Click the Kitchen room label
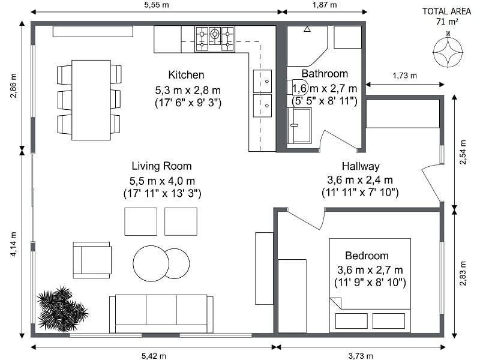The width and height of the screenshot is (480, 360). point(186,75)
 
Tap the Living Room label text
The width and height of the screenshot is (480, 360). point(161,166)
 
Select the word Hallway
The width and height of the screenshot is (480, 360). point(361,166)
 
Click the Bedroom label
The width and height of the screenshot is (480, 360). point(367,256)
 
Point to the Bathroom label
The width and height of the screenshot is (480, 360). point(325,74)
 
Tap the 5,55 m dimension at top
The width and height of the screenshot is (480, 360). point(155,5)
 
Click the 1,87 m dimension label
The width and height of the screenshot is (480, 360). point(325,5)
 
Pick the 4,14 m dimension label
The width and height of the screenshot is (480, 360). point(13,245)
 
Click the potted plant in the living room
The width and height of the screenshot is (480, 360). point(61,308)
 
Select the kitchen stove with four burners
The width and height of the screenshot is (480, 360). point(214,38)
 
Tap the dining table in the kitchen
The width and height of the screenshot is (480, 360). point(91,100)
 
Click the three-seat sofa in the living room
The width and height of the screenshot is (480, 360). point(161,313)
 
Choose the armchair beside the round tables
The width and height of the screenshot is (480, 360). point(92,260)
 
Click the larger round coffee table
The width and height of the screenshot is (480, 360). point(151,263)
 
